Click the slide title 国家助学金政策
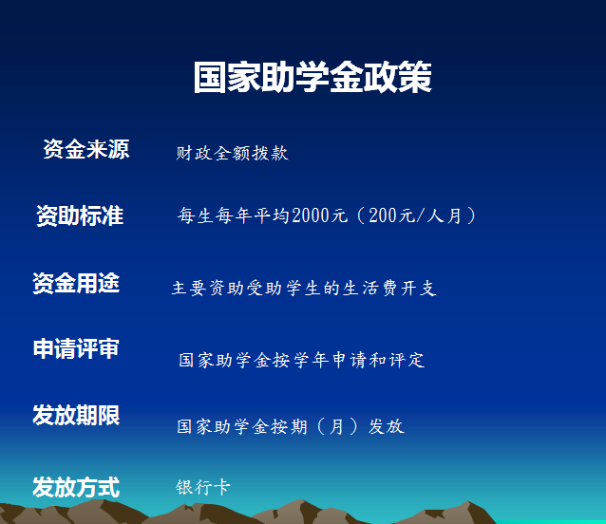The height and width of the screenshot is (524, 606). click(x=312, y=77)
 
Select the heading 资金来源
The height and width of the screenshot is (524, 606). click(x=86, y=149)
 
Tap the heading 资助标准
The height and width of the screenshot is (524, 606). click(x=80, y=215)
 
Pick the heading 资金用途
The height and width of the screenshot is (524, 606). click(x=76, y=283)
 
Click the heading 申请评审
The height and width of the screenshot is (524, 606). click(x=76, y=348)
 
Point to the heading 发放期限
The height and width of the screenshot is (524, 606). click(x=76, y=416)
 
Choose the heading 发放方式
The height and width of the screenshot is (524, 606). click(x=76, y=487)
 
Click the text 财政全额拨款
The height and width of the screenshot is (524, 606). click(x=233, y=153)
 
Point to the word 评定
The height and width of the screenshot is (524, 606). click(x=407, y=361)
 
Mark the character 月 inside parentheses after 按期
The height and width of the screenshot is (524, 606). click(x=336, y=426)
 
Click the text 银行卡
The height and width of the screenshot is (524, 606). click(x=203, y=487)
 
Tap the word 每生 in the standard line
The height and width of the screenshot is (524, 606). click(x=195, y=215)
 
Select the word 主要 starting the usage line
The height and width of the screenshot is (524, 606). click(x=189, y=288)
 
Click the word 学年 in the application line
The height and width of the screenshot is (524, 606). click(x=312, y=361)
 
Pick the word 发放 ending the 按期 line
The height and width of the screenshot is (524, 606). click(x=386, y=426)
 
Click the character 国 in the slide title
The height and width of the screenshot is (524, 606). click(x=210, y=77)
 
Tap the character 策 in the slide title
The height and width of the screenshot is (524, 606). click(x=415, y=77)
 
